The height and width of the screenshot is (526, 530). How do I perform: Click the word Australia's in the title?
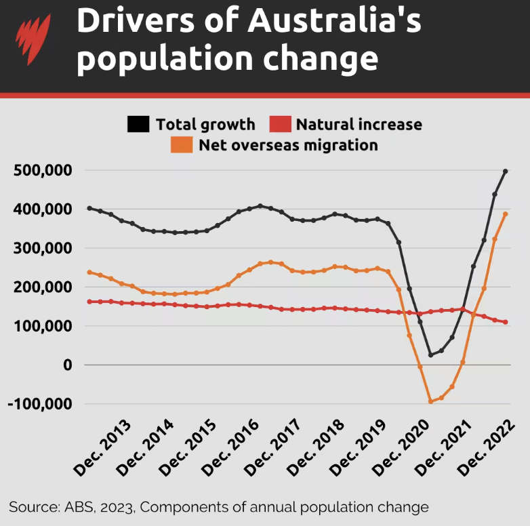click(334, 22)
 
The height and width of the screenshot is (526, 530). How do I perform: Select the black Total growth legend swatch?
click(138, 124)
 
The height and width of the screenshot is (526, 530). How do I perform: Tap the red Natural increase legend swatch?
click(279, 124)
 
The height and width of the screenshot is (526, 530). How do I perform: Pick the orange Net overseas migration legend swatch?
click(181, 144)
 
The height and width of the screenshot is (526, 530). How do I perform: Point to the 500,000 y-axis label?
click(42, 171)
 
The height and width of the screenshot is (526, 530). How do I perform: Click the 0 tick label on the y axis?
click(67, 365)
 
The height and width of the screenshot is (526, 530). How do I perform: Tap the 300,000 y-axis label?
click(42, 248)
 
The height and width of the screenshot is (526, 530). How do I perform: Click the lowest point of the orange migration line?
click(430, 402)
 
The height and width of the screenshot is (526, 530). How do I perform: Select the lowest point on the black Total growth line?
click(430, 355)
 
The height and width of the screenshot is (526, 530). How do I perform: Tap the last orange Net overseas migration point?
click(506, 214)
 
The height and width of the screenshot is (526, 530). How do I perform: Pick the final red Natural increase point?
click(506, 322)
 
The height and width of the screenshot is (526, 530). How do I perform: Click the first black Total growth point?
click(89, 208)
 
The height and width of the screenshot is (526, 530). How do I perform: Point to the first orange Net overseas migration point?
click(89, 272)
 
